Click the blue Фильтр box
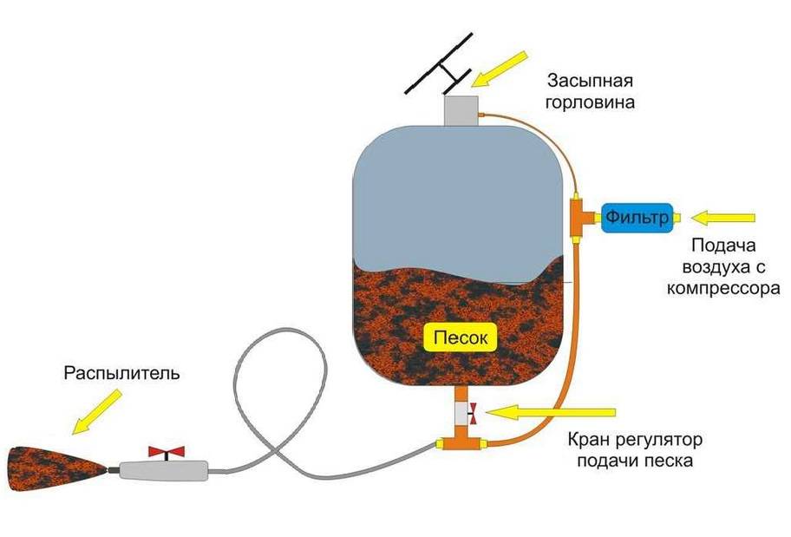(637, 216)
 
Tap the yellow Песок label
(455, 336)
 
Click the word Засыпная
(590, 82)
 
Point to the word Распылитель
(121, 374)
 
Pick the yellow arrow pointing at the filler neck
(500, 69)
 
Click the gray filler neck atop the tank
(461, 110)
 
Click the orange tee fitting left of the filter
(579, 216)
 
